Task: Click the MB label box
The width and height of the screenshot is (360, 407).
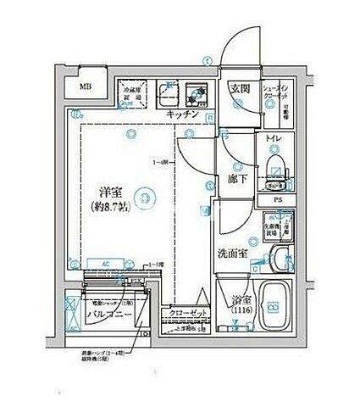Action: pyautogui.click(x=87, y=86)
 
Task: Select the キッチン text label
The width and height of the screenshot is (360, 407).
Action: pyautogui.click(x=183, y=114)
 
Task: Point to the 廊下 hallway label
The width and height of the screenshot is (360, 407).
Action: pyautogui.click(x=237, y=180)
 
